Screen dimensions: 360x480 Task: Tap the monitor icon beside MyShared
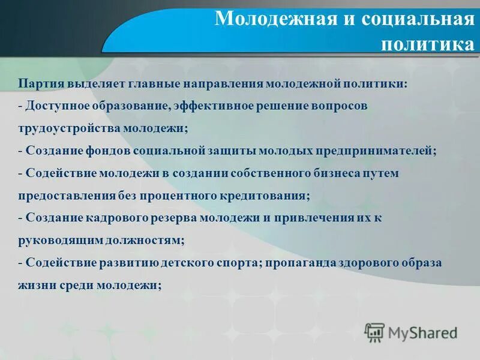[x=374, y=332]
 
